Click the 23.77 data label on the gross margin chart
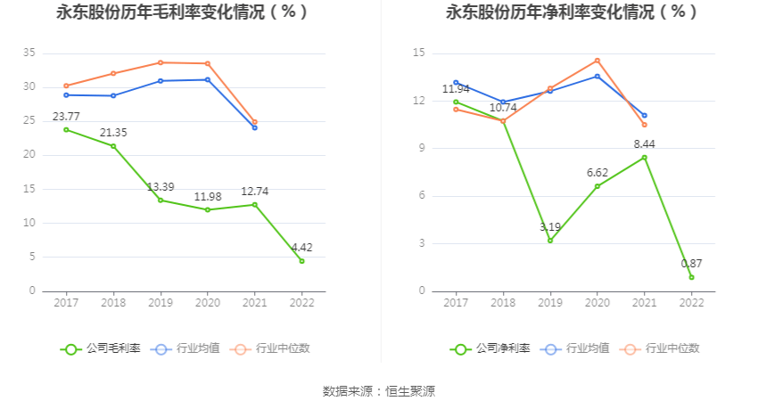66,117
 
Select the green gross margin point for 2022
301,261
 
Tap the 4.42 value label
301,248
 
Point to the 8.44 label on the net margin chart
645,143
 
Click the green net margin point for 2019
550,241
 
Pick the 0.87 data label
692,264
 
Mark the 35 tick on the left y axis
29,53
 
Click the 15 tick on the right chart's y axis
419,53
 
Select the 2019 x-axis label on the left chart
161,303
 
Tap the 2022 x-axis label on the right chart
692,303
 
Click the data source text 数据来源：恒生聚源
379,391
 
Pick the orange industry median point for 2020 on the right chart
597,61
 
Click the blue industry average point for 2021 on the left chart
255,127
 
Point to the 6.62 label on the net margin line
597,173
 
